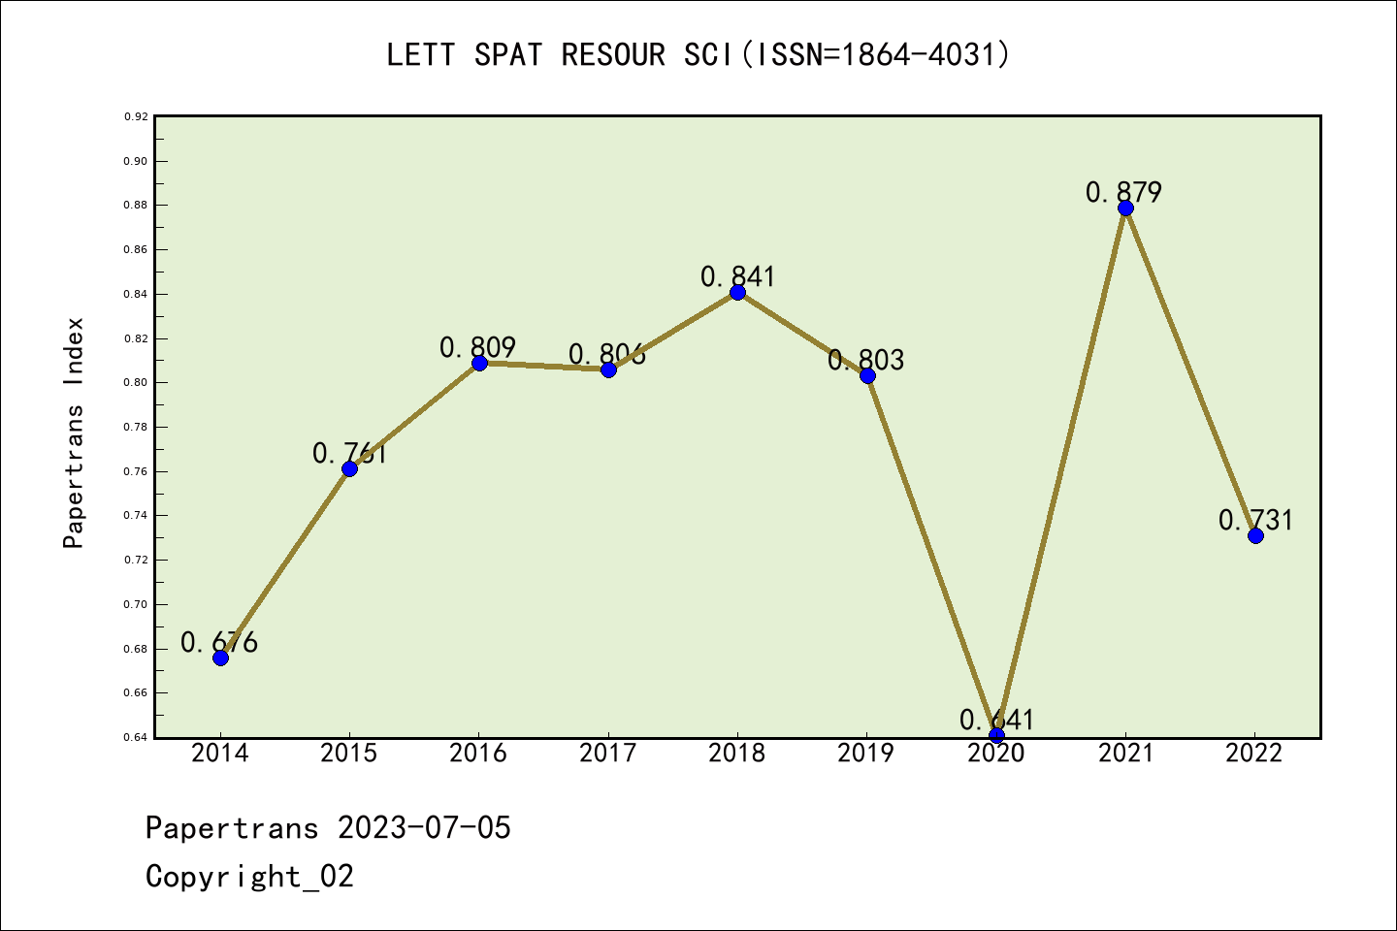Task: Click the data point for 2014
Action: pos(220,658)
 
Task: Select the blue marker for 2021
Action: pos(1125,208)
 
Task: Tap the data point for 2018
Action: pos(737,292)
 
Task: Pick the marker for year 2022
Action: pos(1255,535)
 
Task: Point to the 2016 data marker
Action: pos(479,363)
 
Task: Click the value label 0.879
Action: pos(1123,192)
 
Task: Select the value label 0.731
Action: pos(1255,520)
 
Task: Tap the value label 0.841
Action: pos(737,276)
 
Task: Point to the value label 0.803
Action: pos(865,360)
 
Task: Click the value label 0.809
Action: pos(477,346)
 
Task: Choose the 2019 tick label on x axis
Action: pos(866,753)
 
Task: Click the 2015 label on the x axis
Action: pos(349,753)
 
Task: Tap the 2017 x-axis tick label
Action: pos(608,753)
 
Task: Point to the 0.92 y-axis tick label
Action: pos(136,116)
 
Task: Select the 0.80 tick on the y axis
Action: pos(136,382)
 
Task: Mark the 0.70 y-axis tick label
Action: pos(136,604)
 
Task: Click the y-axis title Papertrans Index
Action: pos(74,433)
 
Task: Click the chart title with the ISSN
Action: pos(698,54)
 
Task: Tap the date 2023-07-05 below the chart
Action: pos(424,827)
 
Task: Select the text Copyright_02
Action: pos(249,876)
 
